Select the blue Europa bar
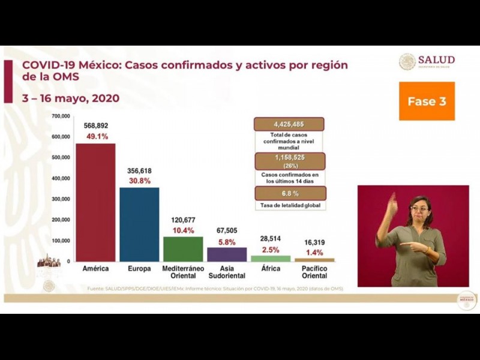point(139,224)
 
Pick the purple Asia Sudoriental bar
point(227,254)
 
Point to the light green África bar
point(271,259)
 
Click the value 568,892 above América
point(95,126)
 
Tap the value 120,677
point(183,220)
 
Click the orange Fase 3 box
point(427,101)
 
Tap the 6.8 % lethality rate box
point(290,193)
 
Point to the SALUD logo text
point(436,60)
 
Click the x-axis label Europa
point(139,269)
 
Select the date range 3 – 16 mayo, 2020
point(71,98)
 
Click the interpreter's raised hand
point(392,204)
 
